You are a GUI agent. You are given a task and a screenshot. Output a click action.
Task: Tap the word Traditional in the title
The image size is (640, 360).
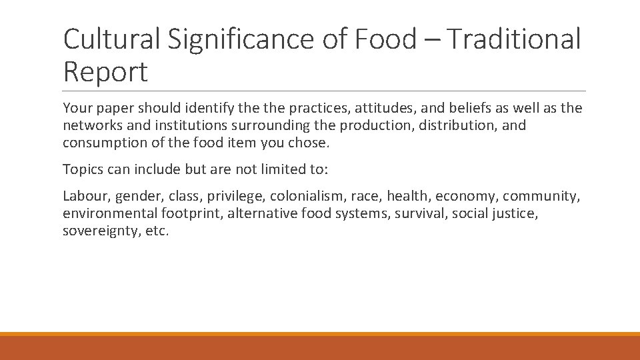tap(513, 39)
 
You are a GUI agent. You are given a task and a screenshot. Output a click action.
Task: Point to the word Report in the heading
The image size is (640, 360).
tap(105, 72)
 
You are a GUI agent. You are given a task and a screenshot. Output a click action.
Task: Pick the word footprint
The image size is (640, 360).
tap(191, 213)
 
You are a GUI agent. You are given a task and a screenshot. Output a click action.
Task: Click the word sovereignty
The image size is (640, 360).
tap(101, 231)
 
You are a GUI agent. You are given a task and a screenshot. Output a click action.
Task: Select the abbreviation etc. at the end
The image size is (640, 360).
tap(157, 231)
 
